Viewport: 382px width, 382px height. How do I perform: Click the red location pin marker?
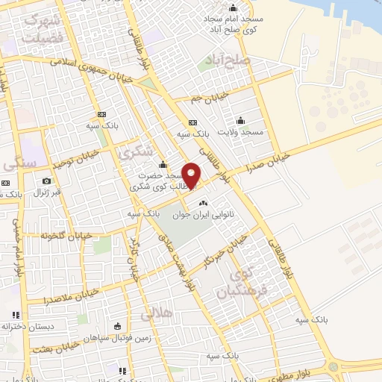coord(192,174)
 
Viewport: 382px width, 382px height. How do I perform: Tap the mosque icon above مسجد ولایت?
coord(241,120)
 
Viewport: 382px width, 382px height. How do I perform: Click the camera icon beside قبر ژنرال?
coord(47,181)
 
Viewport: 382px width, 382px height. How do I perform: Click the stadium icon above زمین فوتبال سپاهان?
coord(118,326)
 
